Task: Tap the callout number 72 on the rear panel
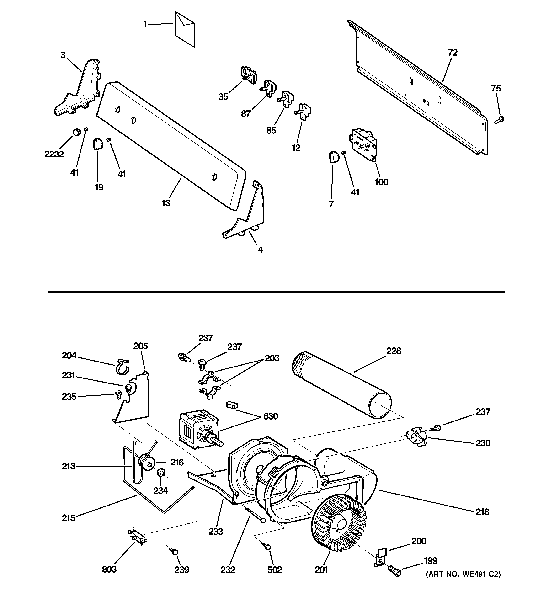tap(452, 53)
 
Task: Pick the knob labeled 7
tap(333, 157)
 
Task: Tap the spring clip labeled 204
tap(122, 367)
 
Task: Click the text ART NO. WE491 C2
tap(463, 583)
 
